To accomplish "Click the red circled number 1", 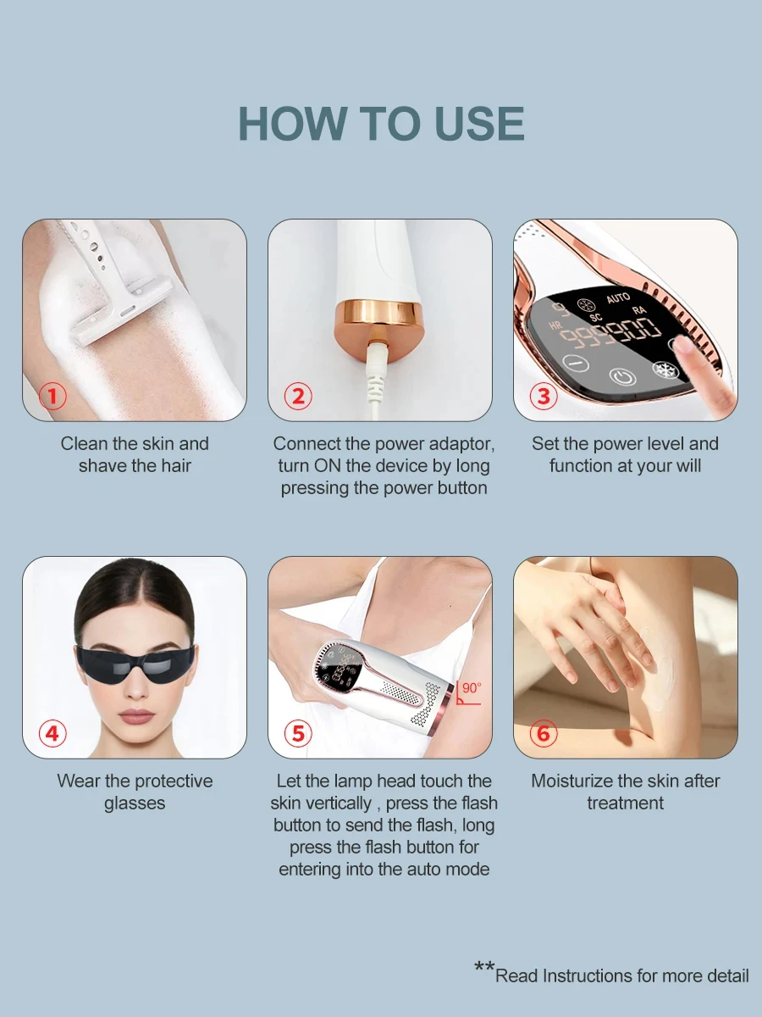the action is click(x=52, y=396).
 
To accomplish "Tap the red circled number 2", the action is click(x=298, y=396).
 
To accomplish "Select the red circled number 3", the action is click(x=544, y=396).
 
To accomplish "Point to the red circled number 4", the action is click(x=52, y=733).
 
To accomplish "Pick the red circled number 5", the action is click(x=298, y=733).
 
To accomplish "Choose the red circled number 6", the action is click(x=544, y=733).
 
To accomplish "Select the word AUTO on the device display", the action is click(x=618, y=298).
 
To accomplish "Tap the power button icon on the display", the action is click(x=622, y=376).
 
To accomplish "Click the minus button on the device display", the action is click(x=576, y=363).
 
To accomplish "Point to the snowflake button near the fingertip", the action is click(x=665, y=370).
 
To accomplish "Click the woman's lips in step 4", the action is click(x=136, y=716).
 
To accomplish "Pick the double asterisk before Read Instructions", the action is click(x=484, y=969).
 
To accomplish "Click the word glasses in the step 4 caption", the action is click(x=135, y=803).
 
